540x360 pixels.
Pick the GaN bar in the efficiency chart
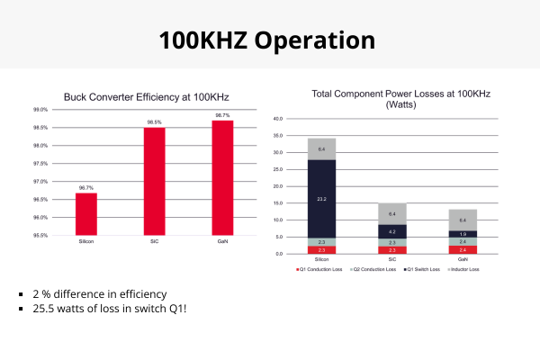coord(223,177)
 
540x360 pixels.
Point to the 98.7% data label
coord(223,116)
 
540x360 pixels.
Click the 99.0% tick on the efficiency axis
coord(40,109)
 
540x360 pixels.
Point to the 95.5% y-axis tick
coord(40,236)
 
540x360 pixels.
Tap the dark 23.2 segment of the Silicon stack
coord(321,198)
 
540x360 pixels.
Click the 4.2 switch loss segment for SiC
coord(391,230)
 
